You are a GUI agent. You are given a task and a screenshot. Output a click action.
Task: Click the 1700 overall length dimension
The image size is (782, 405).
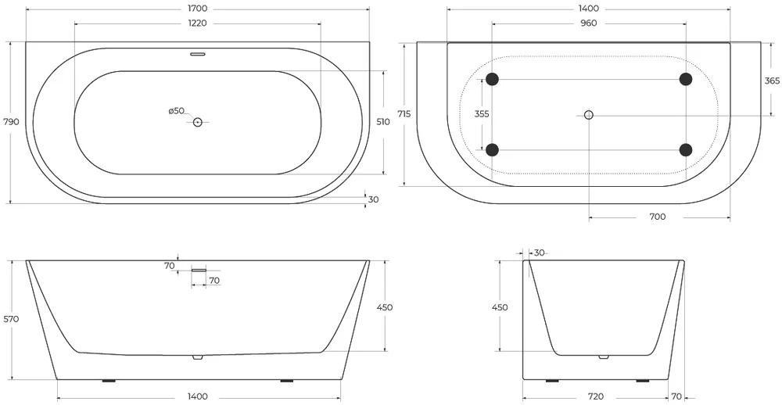(x=198, y=9)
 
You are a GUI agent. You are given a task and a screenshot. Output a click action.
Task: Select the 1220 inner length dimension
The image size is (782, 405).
(x=198, y=23)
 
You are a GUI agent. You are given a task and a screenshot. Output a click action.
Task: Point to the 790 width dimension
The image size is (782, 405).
(x=11, y=122)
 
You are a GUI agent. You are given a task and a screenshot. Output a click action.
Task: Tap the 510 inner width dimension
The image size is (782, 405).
(x=383, y=122)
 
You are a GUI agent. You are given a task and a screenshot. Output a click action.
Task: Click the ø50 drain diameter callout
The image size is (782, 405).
(x=177, y=111)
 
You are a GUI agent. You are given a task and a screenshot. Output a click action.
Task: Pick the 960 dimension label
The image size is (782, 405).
(x=589, y=23)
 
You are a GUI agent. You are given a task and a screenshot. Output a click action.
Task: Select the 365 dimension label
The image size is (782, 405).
(x=772, y=81)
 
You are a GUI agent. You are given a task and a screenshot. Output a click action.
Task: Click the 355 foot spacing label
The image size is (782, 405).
(x=482, y=114)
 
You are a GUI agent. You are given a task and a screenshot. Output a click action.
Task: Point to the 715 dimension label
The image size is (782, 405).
(x=404, y=114)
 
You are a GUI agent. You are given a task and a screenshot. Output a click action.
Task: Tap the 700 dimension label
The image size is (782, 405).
(x=658, y=217)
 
